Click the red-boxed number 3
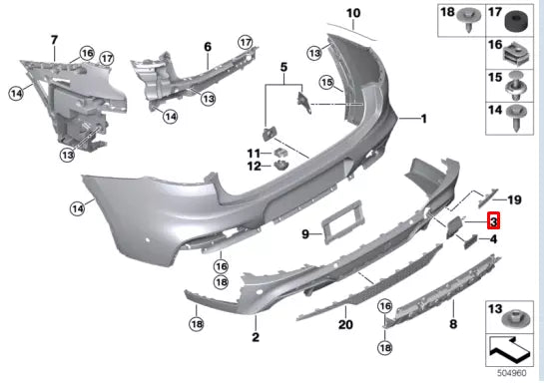[493, 221]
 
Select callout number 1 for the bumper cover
[422, 118]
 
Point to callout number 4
[493, 239]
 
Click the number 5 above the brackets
[283, 69]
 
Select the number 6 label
[208, 47]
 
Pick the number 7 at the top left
[54, 39]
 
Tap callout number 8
[453, 325]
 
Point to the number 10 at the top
[353, 13]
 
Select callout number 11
[254, 152]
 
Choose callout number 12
[254, 166]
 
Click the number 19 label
[515, 199]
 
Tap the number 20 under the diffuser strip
[345, 325]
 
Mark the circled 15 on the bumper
[325, 81]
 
